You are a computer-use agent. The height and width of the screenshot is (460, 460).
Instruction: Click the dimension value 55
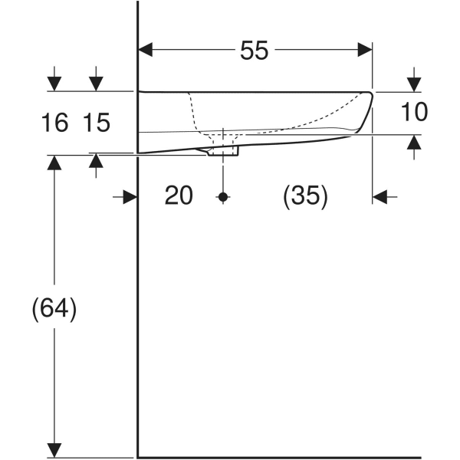coord(255,51)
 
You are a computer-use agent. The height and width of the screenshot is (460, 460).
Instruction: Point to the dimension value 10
coord(414,113)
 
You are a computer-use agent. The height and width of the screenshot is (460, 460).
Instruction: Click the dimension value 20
coord(179,196)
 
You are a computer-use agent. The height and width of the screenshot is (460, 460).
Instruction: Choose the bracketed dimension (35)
coord(305,196)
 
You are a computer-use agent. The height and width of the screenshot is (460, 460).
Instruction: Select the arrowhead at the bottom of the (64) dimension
coord(54,447)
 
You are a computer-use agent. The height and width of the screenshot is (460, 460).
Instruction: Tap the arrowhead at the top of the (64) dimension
coord(54,163)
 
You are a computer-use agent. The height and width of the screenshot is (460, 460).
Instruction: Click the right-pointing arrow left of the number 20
coord(128,197)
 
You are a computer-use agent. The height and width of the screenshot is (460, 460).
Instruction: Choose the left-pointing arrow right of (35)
coord(382,197)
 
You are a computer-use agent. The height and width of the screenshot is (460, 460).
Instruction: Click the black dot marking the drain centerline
coord(223,197)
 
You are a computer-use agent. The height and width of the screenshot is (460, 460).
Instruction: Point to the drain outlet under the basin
coord(224,150)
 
